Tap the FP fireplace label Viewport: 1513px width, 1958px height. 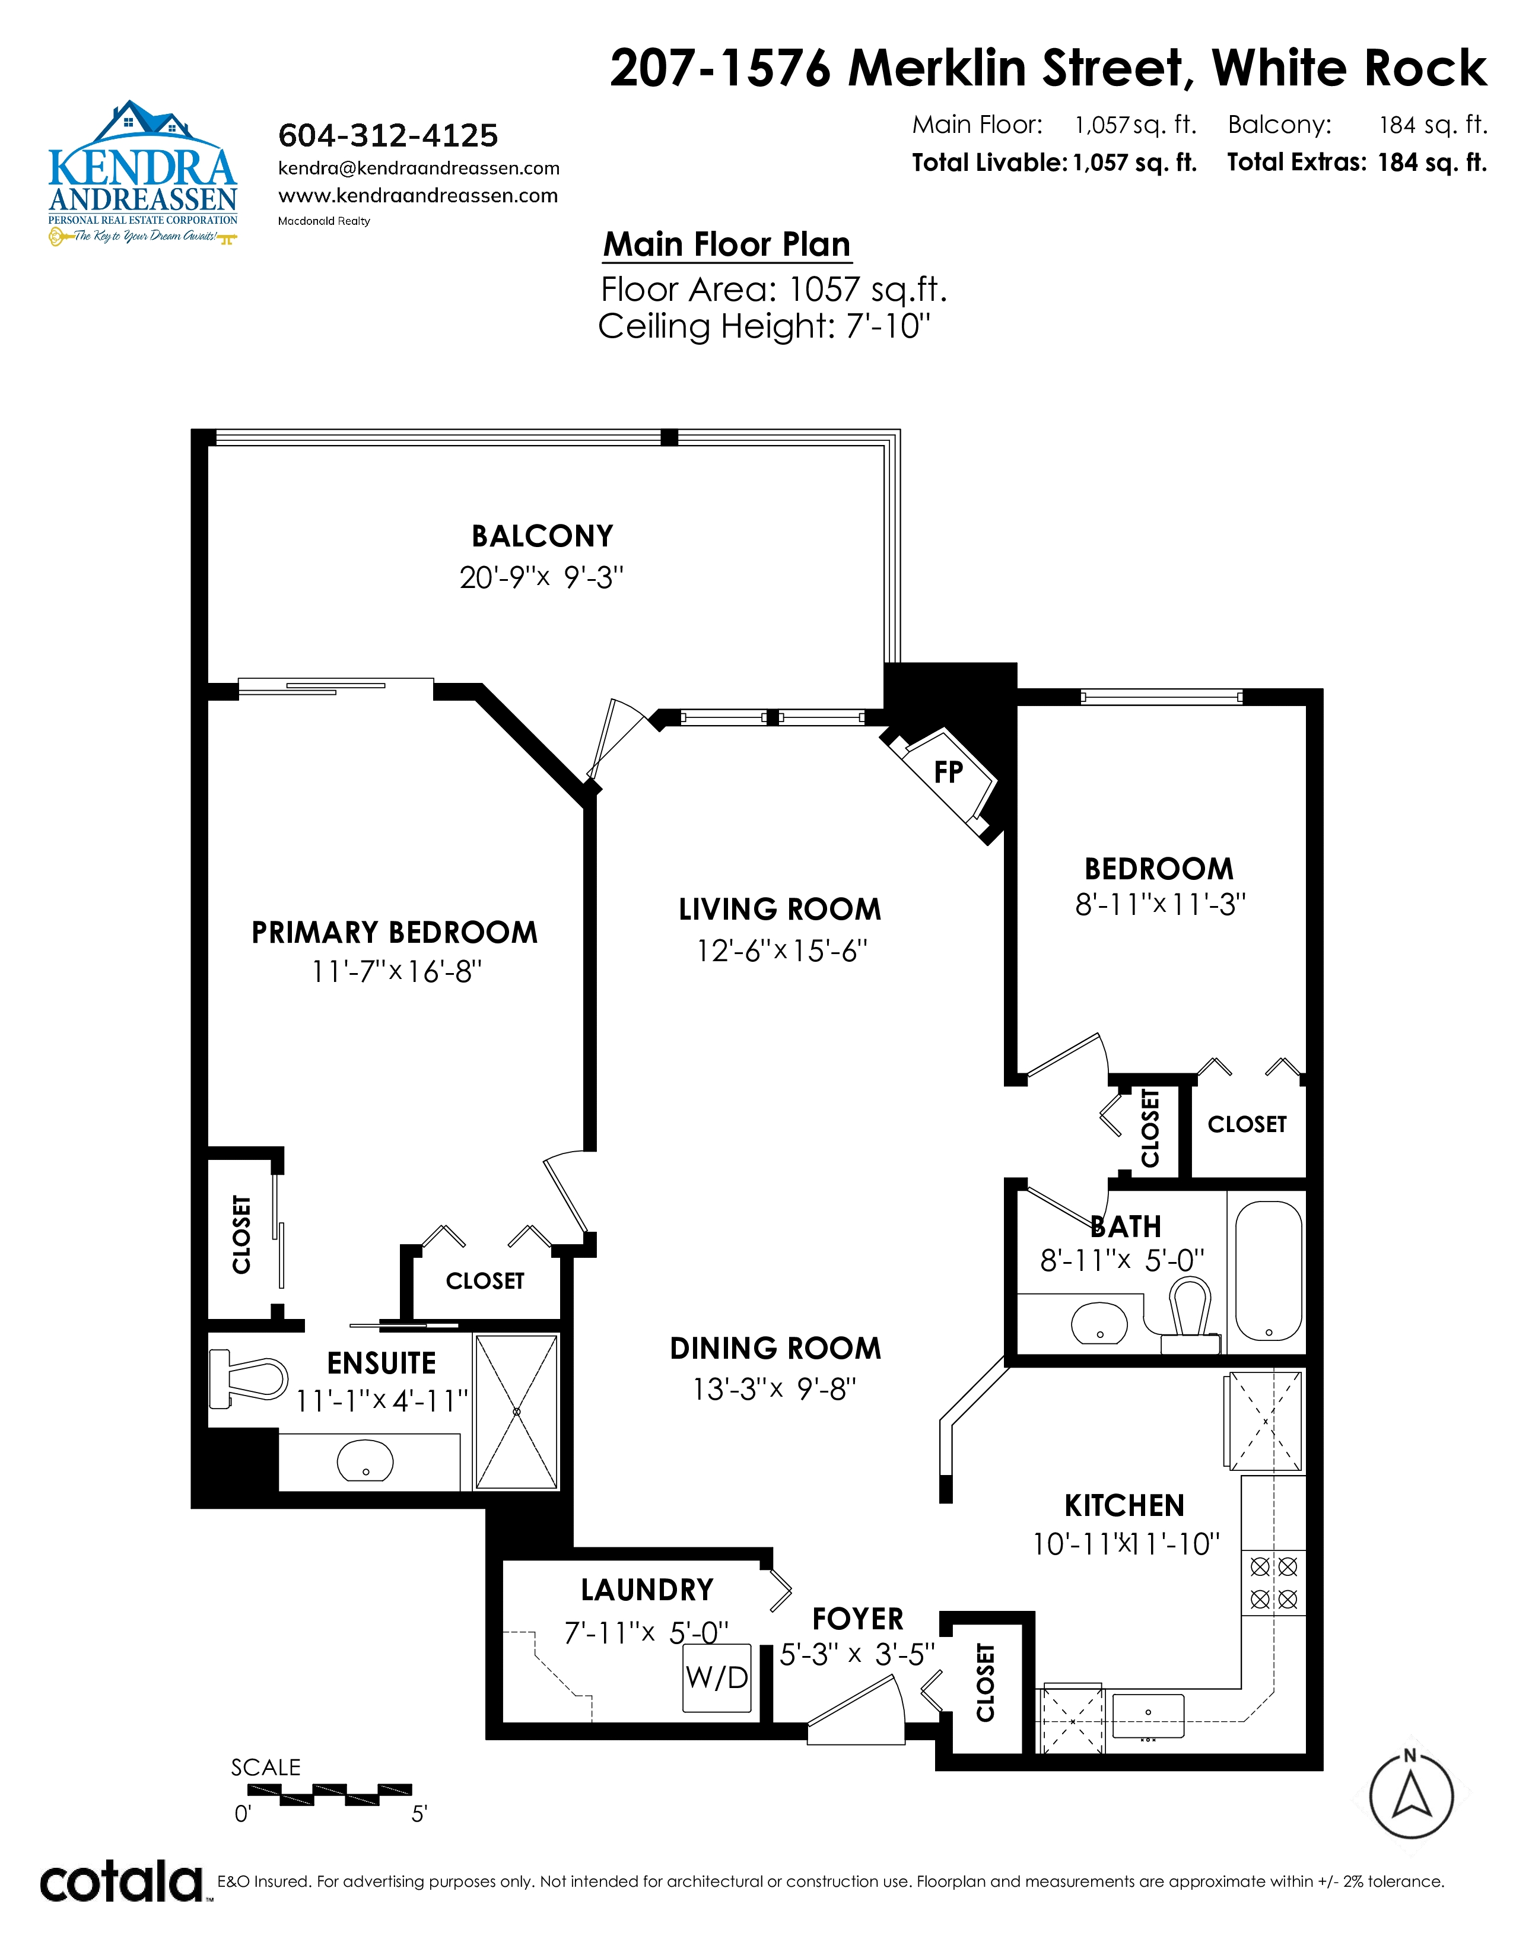(x=948, y=772)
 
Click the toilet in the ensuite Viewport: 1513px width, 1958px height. (x=248, y=1379)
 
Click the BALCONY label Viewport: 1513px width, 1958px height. (x=542, y=536)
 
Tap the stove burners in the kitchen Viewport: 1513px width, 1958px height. (x=1274, y=1582)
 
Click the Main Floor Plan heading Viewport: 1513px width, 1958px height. (x=727, y=244)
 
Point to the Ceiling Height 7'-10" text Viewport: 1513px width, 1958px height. (x=765, y=326)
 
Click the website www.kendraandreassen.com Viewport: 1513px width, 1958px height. (x=418, y=195)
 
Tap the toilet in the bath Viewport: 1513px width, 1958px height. (x=1190, y=1315)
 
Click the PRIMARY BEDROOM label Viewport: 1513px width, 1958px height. (x=395, y=932)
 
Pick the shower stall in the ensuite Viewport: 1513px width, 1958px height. (x=516, y=1412)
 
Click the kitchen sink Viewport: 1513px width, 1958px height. (x=1148, y=1715)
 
